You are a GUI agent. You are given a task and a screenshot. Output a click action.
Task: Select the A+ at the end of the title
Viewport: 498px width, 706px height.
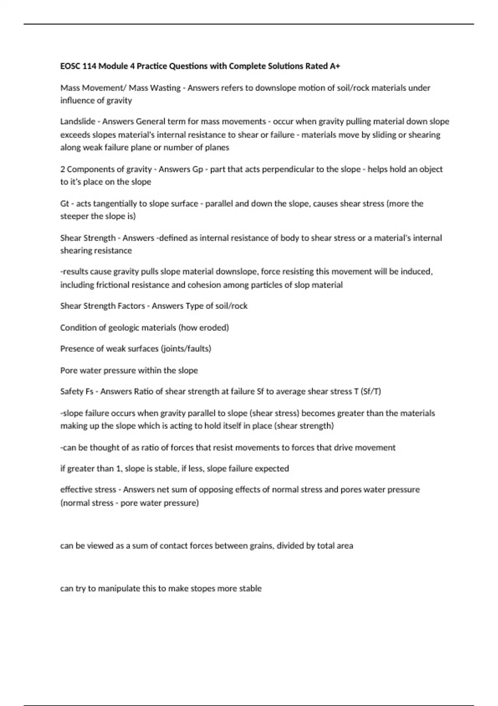[x=334, y=66]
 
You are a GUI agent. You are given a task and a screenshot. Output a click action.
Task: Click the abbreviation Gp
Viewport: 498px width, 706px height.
[x=198, y=169]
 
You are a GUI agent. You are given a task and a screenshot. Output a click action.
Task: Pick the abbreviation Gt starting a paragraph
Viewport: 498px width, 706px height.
[x=64, y=204]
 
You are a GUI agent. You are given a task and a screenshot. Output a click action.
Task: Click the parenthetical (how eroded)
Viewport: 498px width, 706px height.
[x=203, y=328]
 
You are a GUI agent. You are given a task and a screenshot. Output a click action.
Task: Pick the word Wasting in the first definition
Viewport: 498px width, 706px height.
[x=165, y=88]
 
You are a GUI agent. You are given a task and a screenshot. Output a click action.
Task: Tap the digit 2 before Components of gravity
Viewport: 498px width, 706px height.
[x=63, y=169]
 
